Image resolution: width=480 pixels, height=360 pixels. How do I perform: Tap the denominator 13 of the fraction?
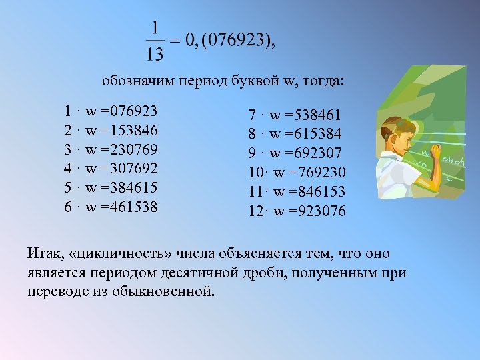155,51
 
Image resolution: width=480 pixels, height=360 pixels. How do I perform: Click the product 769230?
321,173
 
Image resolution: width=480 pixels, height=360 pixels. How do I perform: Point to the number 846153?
321,192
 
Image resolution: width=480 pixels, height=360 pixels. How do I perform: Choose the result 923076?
321,211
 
